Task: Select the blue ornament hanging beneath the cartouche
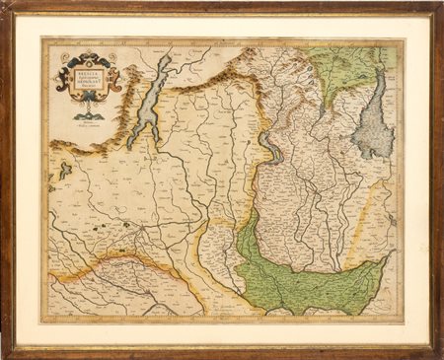pyautogui.click(x=89, y=115)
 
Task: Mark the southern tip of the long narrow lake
pyautogui.click(x=138, y=133)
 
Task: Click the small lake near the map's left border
pyautogui.click(x=64, y=172)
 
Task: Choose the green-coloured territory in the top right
pyautogui.click(x=345, y=69)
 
